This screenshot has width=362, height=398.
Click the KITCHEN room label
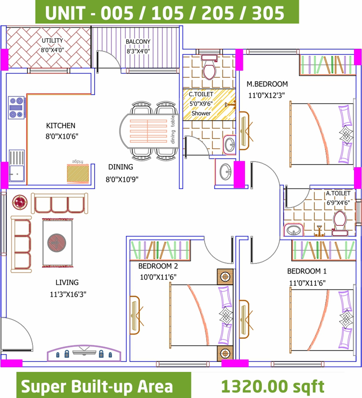click(61, 126)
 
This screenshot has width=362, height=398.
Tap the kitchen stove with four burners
click(16, 108)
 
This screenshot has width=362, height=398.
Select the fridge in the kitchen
click(78, 174)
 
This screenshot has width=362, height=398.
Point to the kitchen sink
click(17, 166)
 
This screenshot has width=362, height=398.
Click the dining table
click(149, 131)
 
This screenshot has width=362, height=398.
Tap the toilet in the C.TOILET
click(209, 67)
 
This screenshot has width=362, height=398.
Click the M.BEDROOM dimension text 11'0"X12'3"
click(266, 96)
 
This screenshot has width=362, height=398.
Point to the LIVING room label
click(67, 282)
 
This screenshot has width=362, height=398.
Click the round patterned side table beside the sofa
click(20, 202)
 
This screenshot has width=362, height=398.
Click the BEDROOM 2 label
click(158, 266)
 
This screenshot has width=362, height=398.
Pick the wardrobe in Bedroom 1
click(324, 250)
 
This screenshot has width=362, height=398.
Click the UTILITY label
click(52, 41)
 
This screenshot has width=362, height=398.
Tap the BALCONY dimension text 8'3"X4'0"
click(138, 51)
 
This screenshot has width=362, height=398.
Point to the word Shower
click(201, 113)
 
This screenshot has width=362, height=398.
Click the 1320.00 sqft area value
click(273, 386)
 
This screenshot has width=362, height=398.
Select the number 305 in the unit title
click(268, 13)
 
